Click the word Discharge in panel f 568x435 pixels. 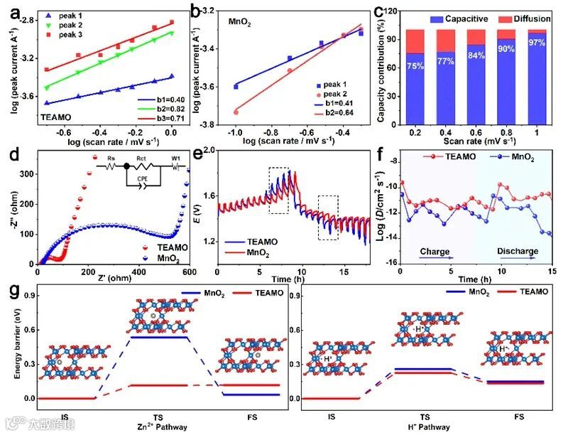[517, 252]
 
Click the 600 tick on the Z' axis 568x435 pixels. [190, 273]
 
